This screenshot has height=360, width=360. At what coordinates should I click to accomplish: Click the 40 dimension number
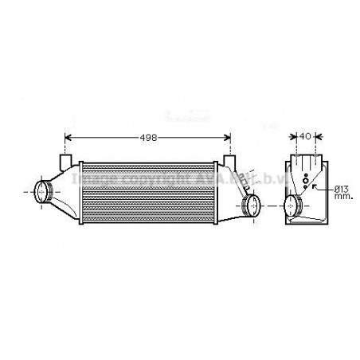307,138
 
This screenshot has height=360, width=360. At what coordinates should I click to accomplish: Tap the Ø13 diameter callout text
342,187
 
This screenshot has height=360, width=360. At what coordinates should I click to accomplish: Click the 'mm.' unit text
342,195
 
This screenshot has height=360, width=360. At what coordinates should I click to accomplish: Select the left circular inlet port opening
44,191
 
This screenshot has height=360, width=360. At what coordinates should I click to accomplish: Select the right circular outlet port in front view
250,206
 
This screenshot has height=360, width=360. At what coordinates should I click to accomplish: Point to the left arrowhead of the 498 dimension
67,138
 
